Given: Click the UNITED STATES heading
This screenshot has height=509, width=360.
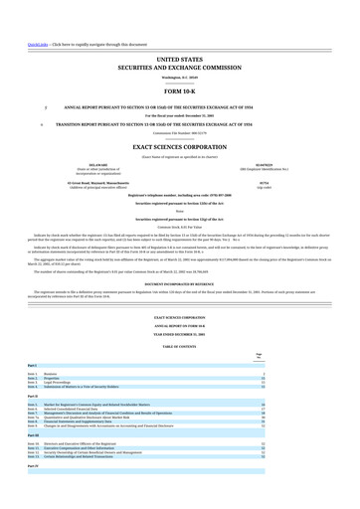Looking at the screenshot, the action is [179, 61].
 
